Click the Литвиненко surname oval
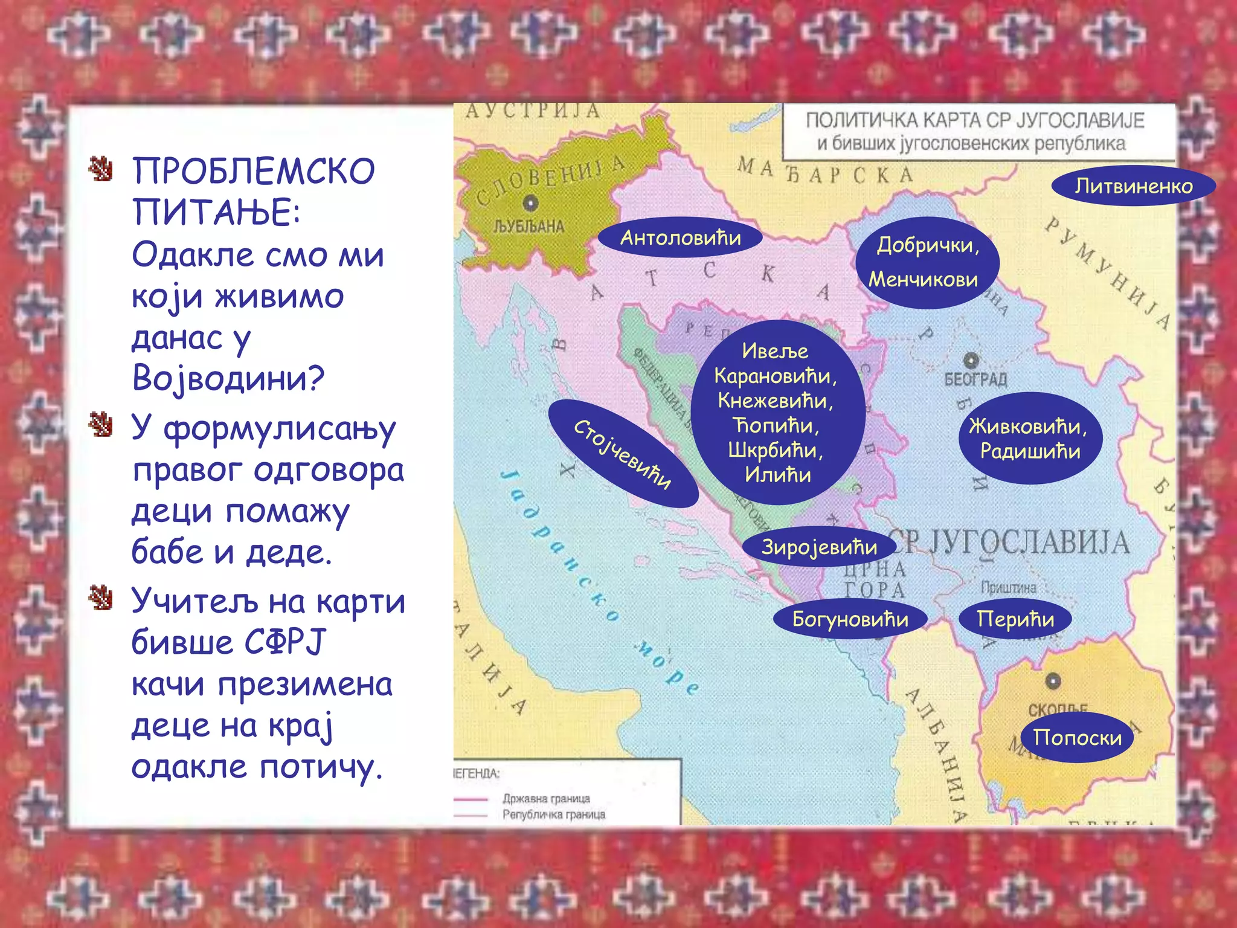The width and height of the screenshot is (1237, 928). point(1133,186)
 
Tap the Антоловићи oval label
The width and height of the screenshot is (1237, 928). point(680,237)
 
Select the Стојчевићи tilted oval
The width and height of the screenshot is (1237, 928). point(623,453)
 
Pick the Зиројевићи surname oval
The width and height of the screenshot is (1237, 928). point(819,547)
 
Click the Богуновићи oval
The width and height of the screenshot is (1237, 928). point(850,619)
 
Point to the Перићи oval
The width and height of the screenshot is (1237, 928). point(1015,619)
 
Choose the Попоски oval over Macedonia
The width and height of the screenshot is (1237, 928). point(1077,737)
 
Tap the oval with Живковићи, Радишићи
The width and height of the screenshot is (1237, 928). point(1030,438)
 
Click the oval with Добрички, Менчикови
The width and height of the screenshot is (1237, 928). point(927,262)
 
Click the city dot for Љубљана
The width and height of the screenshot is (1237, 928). point(530,203)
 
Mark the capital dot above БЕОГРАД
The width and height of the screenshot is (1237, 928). point(971,361)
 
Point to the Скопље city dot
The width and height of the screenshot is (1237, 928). point(1053,681)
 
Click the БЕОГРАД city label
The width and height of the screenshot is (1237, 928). point(975,379)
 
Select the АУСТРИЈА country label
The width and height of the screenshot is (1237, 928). point(533,111)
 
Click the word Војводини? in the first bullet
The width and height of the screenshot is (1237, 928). point(228,378)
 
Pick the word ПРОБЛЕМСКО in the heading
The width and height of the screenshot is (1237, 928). point(254,172)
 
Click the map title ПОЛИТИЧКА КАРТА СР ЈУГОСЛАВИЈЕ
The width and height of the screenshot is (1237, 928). point(975,120)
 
